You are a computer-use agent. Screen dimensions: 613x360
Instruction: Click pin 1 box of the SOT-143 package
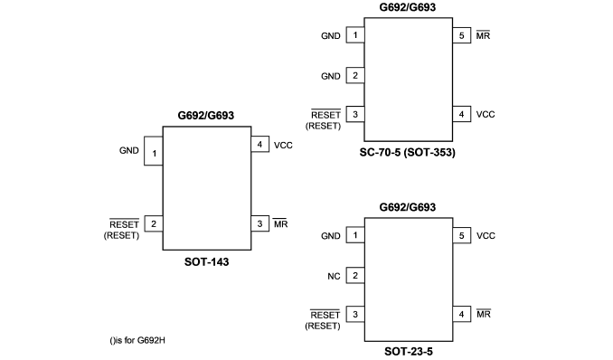point(154,151)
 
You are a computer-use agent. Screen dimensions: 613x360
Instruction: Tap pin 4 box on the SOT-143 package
point(260,144)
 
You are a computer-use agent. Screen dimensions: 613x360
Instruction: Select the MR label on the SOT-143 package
point(280,223)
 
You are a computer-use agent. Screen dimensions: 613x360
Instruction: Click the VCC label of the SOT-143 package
point(283,145)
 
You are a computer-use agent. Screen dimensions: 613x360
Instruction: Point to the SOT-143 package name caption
point(206,261)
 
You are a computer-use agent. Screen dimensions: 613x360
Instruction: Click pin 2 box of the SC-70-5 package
point(355,75)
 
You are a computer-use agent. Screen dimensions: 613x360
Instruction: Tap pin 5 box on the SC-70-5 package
point(462,35)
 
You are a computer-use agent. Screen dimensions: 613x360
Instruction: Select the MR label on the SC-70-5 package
point(483,35)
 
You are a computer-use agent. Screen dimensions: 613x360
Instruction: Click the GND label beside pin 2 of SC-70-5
point(331,76)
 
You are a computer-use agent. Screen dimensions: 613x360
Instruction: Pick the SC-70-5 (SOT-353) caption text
point(408,152)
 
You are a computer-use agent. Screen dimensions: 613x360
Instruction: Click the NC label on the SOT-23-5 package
point(334,276)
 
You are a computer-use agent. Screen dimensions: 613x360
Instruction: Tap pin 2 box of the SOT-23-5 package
point(355,275)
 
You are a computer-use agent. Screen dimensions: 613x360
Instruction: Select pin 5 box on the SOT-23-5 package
point(462,235)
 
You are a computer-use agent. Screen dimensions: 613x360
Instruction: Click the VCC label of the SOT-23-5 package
point(486,235)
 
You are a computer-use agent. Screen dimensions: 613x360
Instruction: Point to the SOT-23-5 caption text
point(409,351)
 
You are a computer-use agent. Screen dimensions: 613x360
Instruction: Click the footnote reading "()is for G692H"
point(137,340)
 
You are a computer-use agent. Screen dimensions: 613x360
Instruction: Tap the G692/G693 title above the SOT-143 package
point(205,116)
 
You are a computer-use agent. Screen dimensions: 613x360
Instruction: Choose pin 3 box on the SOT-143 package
point(260,223)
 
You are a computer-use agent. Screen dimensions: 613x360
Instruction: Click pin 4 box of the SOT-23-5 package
point(462,314)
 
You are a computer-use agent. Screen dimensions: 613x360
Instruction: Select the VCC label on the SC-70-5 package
point(486,114)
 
